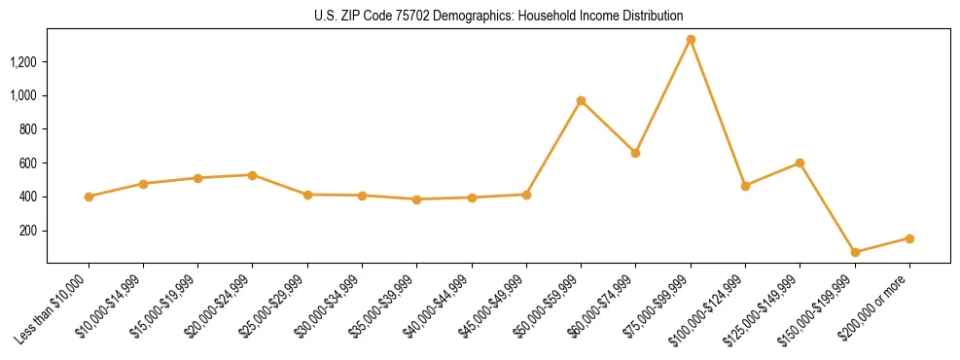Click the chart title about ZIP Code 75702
[498, 16]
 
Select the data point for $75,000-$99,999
[691, 40]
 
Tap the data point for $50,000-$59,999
[581, 100]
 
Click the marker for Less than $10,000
[89, 197]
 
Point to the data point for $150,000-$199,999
[855, 252]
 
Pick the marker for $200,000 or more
[909, 238]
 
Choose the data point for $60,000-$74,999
[635, 153]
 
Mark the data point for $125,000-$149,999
[800, 162]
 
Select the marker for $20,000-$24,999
[253, 175]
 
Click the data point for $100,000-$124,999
[745, 186]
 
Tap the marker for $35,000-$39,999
[416, 199]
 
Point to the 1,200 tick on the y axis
[23, 62]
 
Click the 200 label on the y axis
[29, 231]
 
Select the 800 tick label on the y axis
[29, 129]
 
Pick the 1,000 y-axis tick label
[23, 95]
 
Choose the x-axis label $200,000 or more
[878, 305]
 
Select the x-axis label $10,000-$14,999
[110, 305]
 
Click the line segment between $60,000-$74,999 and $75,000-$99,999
[663, 96]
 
